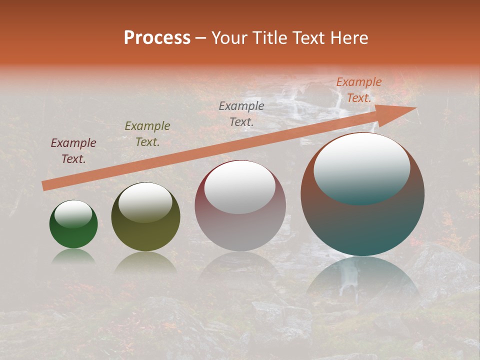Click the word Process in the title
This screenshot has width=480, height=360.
(x=157, y=38)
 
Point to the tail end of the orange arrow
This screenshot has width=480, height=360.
(x=45, y=185)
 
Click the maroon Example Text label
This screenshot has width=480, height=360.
(x=73, y=151)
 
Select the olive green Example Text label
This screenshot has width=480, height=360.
(x=147, y=134)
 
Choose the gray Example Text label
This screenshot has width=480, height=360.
(x=241, y=113)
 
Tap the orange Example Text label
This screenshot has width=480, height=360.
(x=359, y=90)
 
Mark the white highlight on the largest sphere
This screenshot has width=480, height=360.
(x=362, y=168)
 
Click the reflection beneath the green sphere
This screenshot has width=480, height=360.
(x=73, y=256)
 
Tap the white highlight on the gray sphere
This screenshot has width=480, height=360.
(x=240, y=188)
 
